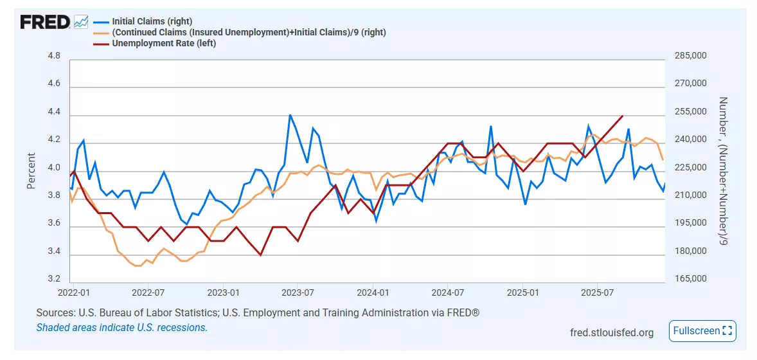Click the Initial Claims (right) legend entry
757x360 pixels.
click(152, 22)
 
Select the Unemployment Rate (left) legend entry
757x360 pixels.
click(164, 44)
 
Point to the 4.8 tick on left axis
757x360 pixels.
click(54, 56)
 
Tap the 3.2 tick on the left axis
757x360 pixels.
click(54, 280)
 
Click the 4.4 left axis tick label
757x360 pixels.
click(54, 113)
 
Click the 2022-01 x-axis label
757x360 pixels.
click(73, 293)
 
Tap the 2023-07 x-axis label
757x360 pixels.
click(298, 293)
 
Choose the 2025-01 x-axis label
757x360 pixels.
click(523, 293)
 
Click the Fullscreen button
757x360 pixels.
click(702, 331)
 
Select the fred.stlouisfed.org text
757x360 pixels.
click(611, 332)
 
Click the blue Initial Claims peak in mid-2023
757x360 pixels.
click(290, 115)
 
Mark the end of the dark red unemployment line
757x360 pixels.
click(622, 116)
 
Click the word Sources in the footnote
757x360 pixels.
click(55, 313)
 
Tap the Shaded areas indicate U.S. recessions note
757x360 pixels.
click(121, 327)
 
